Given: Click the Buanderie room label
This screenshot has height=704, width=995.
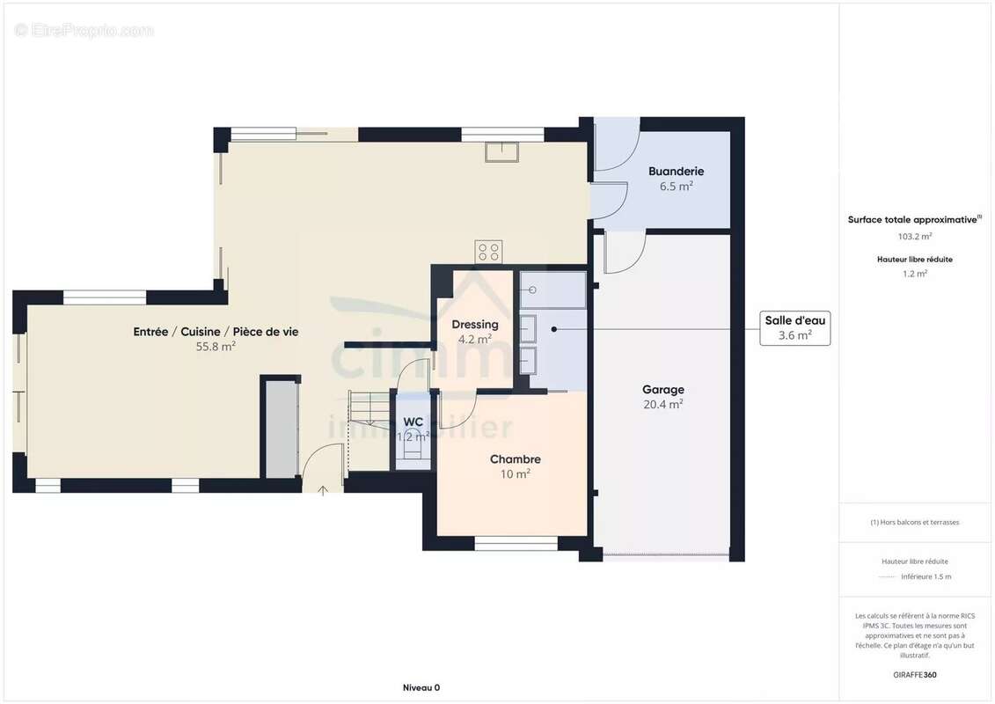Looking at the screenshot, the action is pyautogui.click(x=676, y=172).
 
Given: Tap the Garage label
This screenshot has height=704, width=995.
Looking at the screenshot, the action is pyautogui.click(x=663, y=390).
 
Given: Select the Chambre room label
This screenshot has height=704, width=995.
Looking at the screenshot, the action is pyautogui.click(x=516, y=459).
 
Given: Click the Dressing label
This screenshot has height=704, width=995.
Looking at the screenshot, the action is pyautogui.click(x=475, y=325).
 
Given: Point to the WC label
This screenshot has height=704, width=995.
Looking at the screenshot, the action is pyautogui.click(x=413, y=422).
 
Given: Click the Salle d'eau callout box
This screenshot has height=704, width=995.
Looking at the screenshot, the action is pyautogui.click(x=795, y=328).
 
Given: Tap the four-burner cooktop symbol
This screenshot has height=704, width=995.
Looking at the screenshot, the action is pyautogui.click(x=488, y=252).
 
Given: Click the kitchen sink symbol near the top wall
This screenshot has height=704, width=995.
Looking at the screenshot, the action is pyautogui.click(x=502, y=151).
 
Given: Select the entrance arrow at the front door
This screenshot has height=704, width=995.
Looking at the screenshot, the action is pyautogui.click(x=322, y=490).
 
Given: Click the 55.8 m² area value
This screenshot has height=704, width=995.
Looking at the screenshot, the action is pyautogui.click(x=216, y=347).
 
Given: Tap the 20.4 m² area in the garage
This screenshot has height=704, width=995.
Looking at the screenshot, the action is pyautogui.click(x=663, y=405).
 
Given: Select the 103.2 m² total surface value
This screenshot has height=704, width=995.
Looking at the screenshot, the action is pyautogui.click(x=914, y=236).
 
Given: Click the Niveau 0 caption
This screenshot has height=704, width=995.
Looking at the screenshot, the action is pyautogui.click(x=421, y=687).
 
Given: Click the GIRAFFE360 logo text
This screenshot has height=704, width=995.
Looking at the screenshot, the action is pyautogui.click(x=914, y=675).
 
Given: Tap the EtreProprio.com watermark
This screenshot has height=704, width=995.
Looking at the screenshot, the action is pyautogui.click(x=84, y=30).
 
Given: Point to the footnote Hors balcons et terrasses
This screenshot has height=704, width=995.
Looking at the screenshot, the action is pyautogui.click(x=914, y=523).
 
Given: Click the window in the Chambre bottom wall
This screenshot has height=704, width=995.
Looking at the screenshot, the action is pyautogui.click(x=516, y=543).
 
